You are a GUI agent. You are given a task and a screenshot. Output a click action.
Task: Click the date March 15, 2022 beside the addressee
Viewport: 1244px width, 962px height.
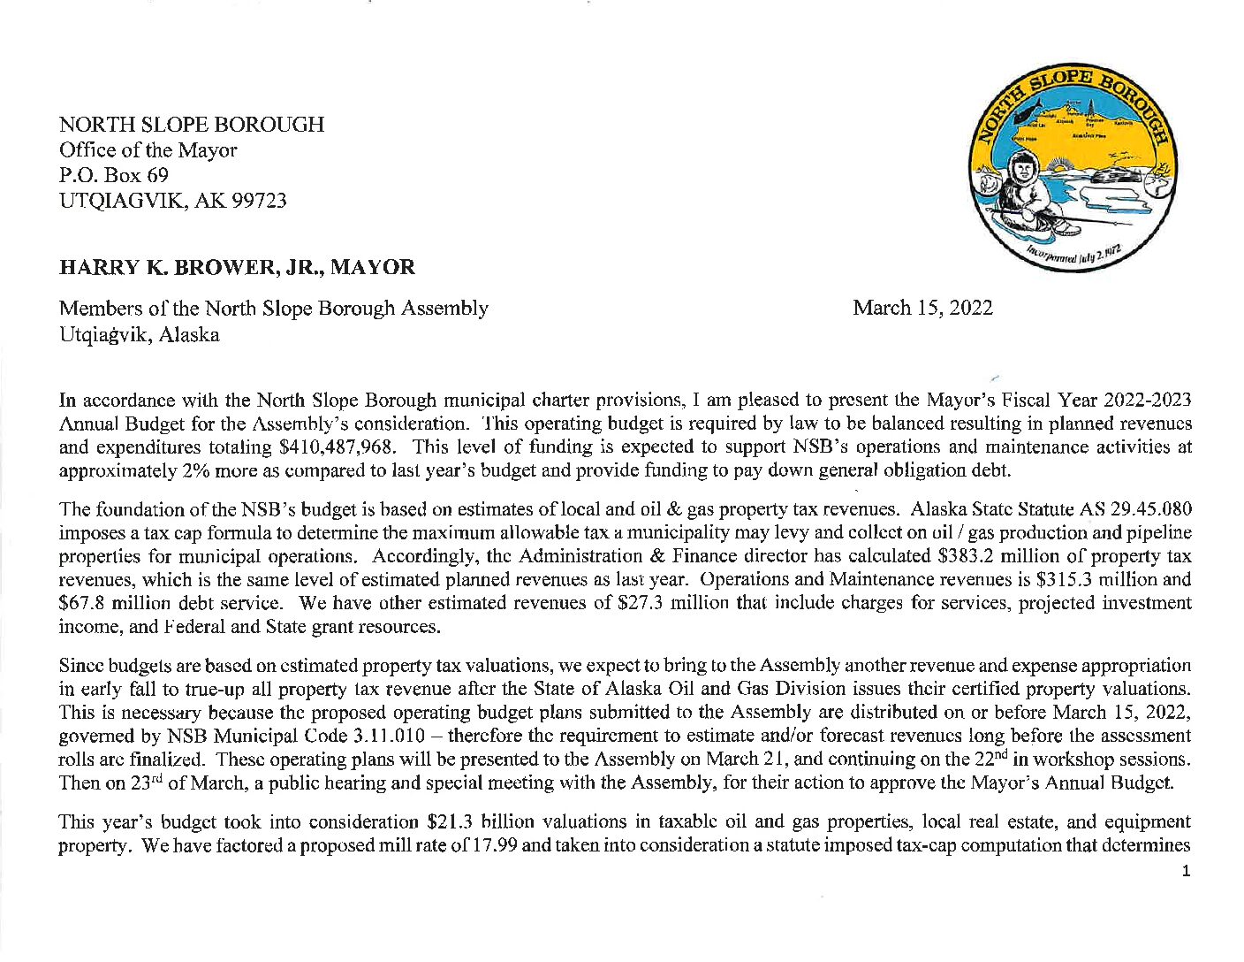[922, 308]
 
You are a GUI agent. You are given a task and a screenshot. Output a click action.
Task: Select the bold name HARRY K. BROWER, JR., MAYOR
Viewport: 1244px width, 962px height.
[237, 267]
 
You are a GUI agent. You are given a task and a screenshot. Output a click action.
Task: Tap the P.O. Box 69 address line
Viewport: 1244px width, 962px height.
[114, 175]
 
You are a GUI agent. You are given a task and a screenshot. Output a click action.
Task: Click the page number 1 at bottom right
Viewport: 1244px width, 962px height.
[1186, 872]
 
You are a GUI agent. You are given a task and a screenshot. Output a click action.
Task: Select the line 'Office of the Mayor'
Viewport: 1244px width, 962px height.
[148, 150]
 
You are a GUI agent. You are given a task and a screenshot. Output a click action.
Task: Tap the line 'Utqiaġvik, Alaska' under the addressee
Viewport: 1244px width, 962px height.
[140, 335]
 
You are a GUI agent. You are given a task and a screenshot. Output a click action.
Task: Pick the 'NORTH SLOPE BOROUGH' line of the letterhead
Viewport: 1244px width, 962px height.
[192, 125]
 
